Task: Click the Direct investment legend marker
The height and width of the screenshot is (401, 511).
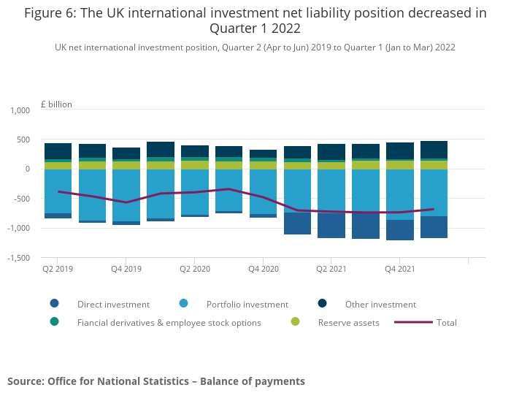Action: pyautogui.click(x=55, y=304)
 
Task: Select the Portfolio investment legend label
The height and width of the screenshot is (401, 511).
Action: pyautogui.click(x=247, y=305)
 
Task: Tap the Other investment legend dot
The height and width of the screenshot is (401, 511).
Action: pyautogui.click(x=323, y=304)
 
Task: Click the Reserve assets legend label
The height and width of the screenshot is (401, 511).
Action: pyautogui.click(x=349, y=323)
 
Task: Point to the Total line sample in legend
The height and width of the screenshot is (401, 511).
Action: pyautogui.click(x=413, y=322)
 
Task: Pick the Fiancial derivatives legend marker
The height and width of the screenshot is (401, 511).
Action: pyautogui.click(x=55, y=322)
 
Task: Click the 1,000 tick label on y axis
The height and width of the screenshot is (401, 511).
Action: pyautogui.click(x=20, y=110)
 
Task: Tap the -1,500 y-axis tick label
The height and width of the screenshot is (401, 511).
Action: pyautogui.click(x=18, y=258)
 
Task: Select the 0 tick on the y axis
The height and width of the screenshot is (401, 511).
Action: pyautogui.click(x=28, y=169)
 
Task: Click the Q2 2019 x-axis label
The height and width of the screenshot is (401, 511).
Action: pyautogui.click(x=58, y=269)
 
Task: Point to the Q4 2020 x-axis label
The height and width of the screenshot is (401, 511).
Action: pyautogui.click(x=264, y=269)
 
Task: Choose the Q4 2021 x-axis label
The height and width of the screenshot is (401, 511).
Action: pyautogui.click(x=400, y=269)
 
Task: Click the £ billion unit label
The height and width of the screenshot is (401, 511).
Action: pyautogui.click(x=56, y=104)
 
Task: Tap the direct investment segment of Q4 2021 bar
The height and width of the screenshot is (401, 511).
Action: pyautogui.click(x=400, y=230)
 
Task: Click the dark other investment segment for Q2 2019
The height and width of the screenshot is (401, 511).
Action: pyautogui.click(x=58, y=151)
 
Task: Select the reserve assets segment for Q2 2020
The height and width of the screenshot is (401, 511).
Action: pyautogui.click(x=195, y=165)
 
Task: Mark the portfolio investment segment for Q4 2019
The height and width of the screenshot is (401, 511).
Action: pyautogui.click(x=126, y=195)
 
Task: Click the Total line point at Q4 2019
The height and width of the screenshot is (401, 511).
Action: pyautogui.click(x=126, y=202)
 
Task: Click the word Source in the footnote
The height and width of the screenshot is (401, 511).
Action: pyautogui.click(x=26, y=381)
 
